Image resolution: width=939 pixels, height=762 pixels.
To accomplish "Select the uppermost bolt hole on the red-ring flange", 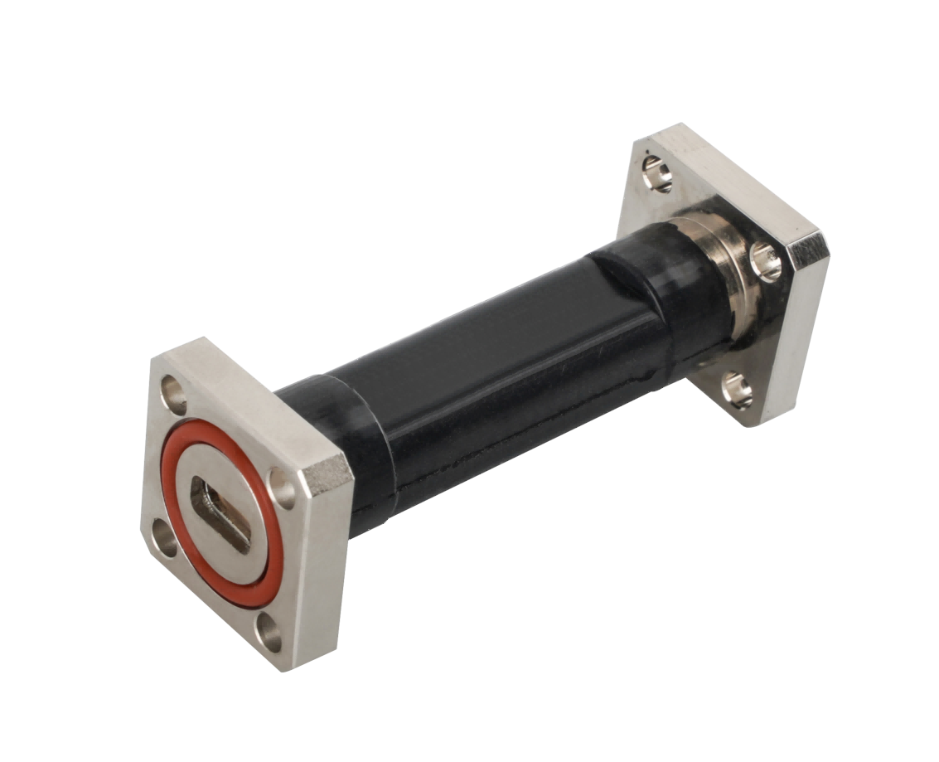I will pyautogui.click(x=173, y=387).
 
